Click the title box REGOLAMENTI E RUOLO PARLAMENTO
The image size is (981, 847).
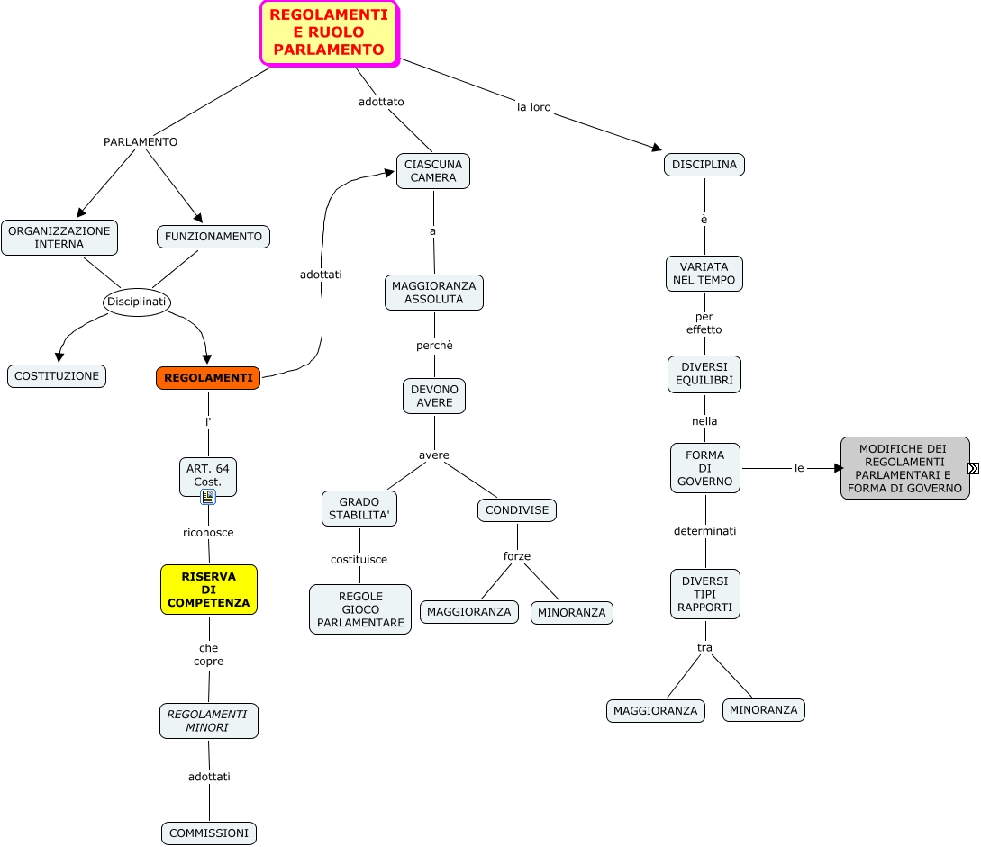click(x=329, y=32)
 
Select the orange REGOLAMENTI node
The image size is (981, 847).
click(x=208, y=378)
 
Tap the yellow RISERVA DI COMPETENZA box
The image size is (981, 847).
click(x=209, y=590)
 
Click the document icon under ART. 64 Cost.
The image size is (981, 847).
click(x=208, y=496)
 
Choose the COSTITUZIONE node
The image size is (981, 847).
click(x=57, y=376)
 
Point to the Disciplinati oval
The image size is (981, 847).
click(x=137, y=302)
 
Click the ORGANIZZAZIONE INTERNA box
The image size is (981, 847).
click(x=59, y=237)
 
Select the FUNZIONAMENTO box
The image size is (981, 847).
click(x=213, y=237)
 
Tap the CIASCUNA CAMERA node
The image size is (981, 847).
click(x=433, y=171)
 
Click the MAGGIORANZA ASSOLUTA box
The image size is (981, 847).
click(x=434, y=293)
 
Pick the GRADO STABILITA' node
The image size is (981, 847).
click(x=359, y=509)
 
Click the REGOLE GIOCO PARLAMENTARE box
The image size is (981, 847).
click(x=360, y=609)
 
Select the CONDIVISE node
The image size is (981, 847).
click(x=517, y=510)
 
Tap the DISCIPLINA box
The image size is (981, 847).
click(x=704, y=165)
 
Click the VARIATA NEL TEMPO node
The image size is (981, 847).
click(x=704, y=274)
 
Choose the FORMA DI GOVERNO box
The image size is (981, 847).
click(x=704, y=468)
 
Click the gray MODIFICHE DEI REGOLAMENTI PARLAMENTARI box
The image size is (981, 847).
click(x=904, y=468)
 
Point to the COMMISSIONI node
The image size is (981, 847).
click(x=209, y=833)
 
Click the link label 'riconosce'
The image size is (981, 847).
click(x=208, y=533)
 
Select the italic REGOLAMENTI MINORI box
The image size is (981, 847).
click(x=209, y=721)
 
